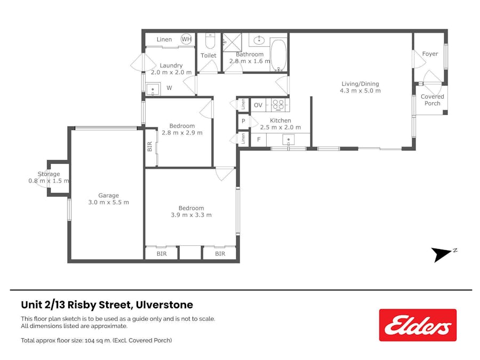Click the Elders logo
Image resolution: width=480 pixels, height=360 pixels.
click(418, 325)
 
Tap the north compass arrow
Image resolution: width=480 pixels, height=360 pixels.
click(443, 254)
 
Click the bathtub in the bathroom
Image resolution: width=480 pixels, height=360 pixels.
click(278, 54)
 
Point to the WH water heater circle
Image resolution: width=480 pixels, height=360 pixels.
click(186, 39)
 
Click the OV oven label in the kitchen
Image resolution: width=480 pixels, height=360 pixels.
click(258, 105)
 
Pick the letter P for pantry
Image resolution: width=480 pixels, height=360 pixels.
click(243, 121)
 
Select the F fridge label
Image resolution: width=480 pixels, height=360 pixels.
click(259, 140)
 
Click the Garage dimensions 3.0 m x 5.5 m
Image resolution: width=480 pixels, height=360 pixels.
click(108, 202)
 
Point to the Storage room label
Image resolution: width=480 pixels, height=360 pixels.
click(49, 174)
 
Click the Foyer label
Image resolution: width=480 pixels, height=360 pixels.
click(430, 54)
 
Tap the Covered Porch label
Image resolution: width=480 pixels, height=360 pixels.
click(433, 100)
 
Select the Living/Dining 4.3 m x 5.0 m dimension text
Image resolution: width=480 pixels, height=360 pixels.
click(360, 91)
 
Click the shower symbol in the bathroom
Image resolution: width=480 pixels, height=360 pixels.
click(231, 41)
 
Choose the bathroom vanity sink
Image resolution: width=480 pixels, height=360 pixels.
click(259, 39)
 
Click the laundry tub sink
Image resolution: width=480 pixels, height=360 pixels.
click(154, 88)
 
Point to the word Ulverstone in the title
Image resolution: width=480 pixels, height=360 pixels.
click(165, 305)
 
